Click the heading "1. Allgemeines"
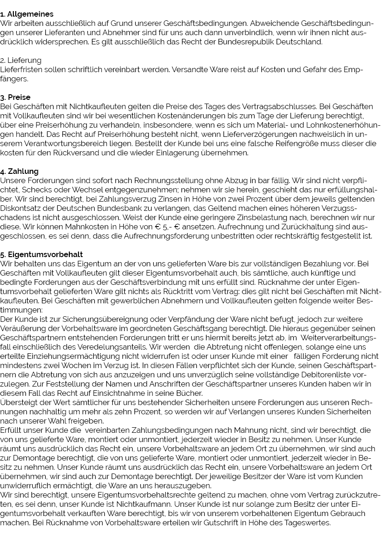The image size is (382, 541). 27,14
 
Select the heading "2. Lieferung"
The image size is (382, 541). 21,61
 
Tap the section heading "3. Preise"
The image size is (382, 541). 16,98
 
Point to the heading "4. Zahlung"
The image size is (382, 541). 19,172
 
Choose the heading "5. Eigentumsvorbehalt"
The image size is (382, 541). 42,255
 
